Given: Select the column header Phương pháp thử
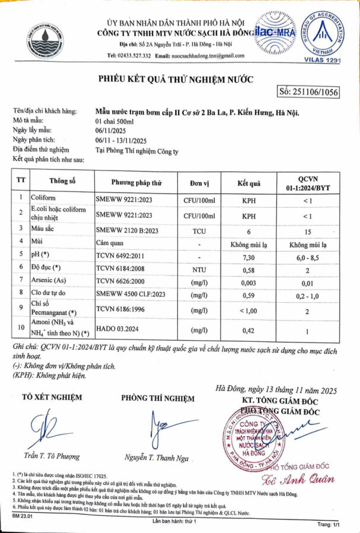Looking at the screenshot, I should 136,183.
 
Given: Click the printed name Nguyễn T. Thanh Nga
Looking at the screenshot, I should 156,457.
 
